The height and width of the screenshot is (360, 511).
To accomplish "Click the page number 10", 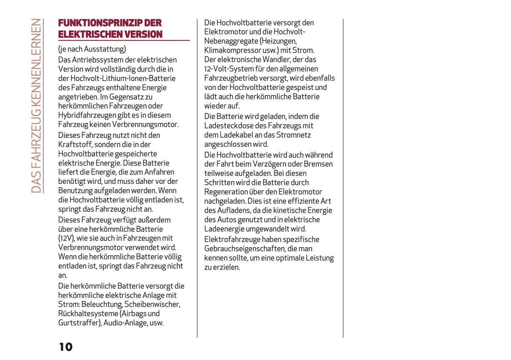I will tap(66, 347).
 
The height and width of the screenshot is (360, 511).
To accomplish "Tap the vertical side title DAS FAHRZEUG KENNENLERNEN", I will tap(36, 105).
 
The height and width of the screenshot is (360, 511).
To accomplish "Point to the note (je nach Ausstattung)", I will tap(92, 49).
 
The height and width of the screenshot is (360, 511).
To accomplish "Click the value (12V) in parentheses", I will tap(66, 238).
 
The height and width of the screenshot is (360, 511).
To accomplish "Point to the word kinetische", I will tap(279, 210).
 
